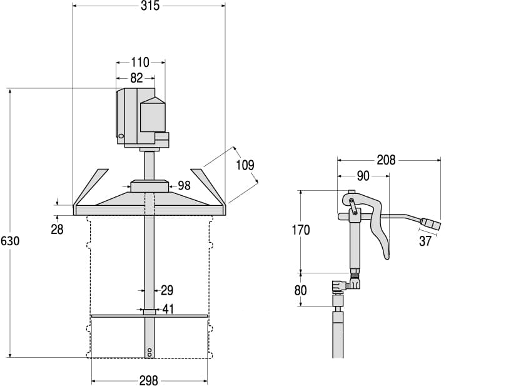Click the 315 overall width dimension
[x=149, y=6]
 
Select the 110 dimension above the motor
[x=140, y=62]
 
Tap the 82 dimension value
[x=136, y=78]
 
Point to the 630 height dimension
[x=10, y=241]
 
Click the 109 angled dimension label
[x=245, y=165]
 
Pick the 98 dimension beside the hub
[x=184, y=185]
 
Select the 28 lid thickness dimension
[x=57, y=230]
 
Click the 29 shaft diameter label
[x=167, y=290]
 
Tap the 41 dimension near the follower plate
[x=169, y=308]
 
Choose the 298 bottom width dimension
[x=149, y=380]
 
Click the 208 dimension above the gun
[x=386, y=160]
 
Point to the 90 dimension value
[x=363, y=176]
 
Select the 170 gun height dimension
[x=301, y=230]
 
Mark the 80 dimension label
[x=301, y=290]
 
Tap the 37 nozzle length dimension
[x=425, y=241]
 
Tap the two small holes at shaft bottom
[x=149, y=352]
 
